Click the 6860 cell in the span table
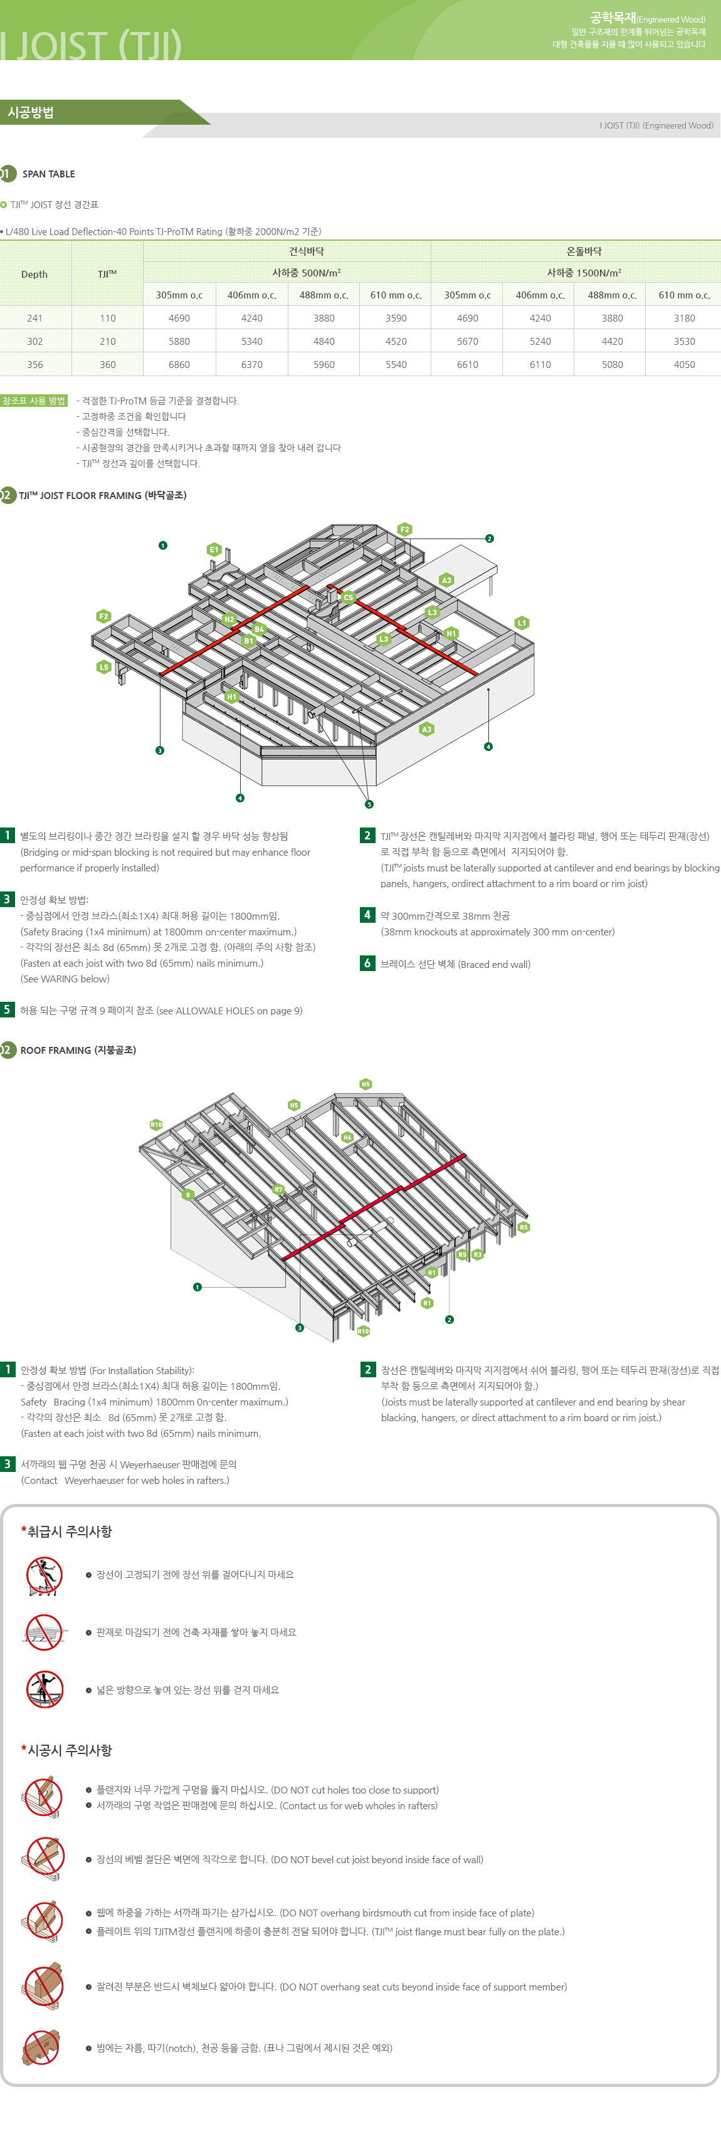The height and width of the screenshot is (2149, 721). tap(179, 365)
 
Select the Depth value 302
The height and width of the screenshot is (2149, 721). tap(34, 341)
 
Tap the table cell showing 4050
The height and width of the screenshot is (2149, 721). tap(684, 365)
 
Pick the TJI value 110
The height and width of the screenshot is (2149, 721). tap(108, 318)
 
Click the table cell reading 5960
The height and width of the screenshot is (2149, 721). tap(324, 365)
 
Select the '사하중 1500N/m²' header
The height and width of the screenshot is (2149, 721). tap(583, 273)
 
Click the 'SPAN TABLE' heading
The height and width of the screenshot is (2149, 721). tap(48, 174)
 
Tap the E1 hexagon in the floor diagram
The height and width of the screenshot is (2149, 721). tap(214, 550)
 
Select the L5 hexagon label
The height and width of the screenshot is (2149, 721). tap(103, 666)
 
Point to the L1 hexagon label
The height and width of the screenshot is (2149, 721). tap(522, 623)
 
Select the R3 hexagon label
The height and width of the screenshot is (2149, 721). tap(477, 1254)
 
